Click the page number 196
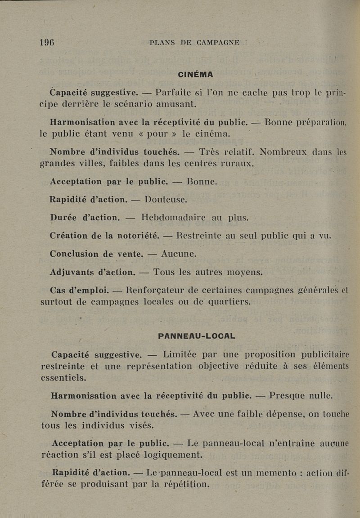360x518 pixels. click(47, 43)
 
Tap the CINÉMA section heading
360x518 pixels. click(195, 74)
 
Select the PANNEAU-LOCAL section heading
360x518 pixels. click(197, 336)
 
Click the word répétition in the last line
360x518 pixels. click(184, 485)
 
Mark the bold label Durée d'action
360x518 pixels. click(85, 218)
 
